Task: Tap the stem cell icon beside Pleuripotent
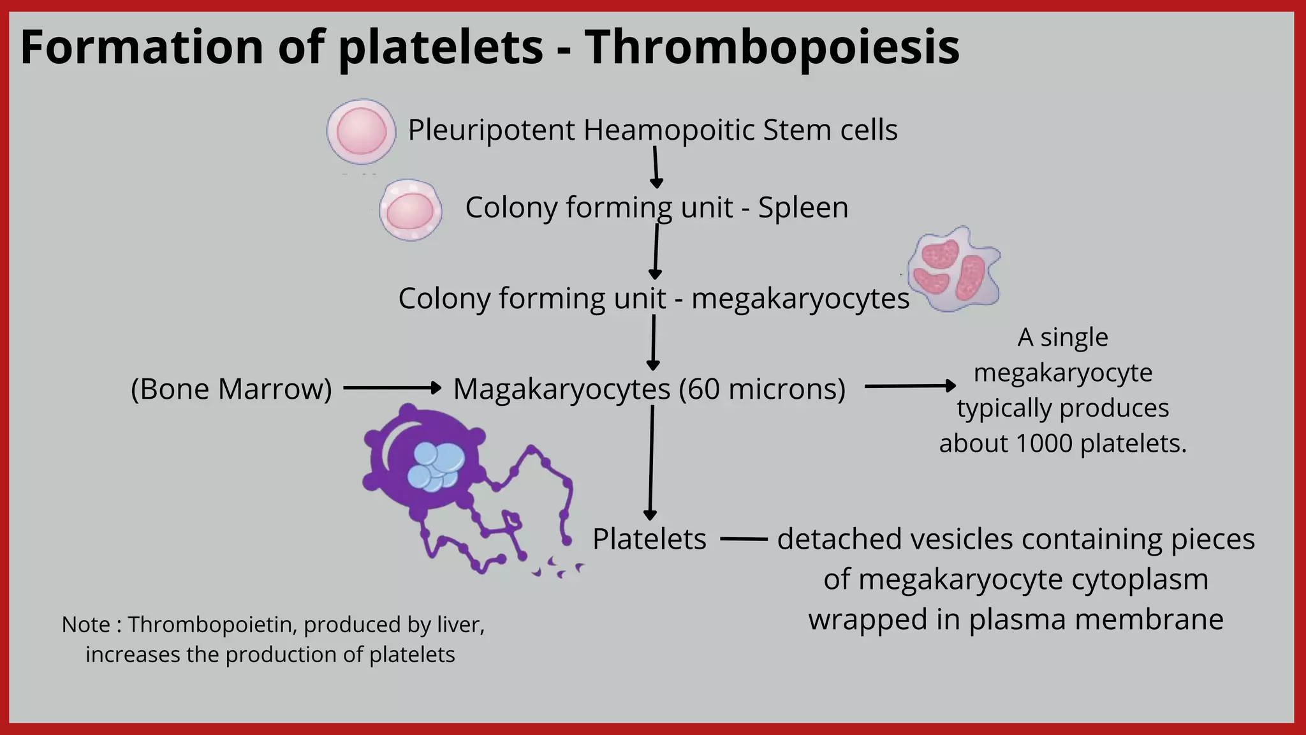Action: click(361, 131)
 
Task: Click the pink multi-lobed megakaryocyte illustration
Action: click(954, 269)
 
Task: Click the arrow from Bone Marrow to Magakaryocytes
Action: click(392, 387)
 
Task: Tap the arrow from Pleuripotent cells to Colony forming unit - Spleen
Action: click(656, 167)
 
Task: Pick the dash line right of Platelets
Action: click(744, 539)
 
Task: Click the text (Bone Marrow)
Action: click(231, 389)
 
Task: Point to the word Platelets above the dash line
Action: click(649, 539)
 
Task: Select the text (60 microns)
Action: click(762, 389)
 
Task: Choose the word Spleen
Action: click(803, 208)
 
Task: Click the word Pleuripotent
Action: click(492, 131)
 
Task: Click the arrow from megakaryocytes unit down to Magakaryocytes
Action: click(653, 342)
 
